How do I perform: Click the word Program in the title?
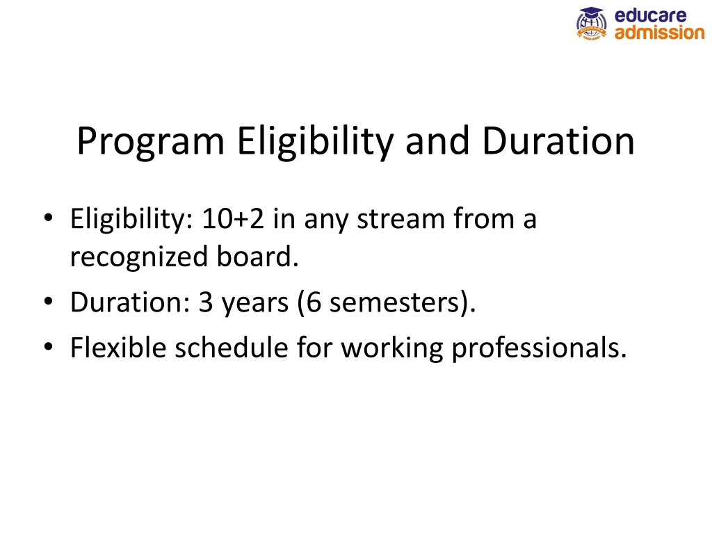click(x=150, y=142)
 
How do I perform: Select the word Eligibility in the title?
click(x=315, y=142)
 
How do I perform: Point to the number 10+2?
click(x=232, y=219)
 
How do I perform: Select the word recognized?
click(x=139, y=257)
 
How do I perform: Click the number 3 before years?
click(x=206, y=302)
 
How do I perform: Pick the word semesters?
click(x=394, y=302)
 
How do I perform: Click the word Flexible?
click(x=118, y=348)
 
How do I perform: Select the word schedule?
click(x=232, y=348)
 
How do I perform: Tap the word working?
click(x=392, y=349)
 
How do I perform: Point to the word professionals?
click(x=539, y=349)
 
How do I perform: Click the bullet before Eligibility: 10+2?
click(x=48, y=218)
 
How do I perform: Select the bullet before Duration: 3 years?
click(x=48, y=302)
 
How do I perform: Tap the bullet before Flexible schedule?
click(x=48, y=348)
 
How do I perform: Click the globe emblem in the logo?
click(x=591, y=24)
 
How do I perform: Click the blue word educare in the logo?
click(x=650, y=15)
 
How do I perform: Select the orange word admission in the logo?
click(x=659, y=32)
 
